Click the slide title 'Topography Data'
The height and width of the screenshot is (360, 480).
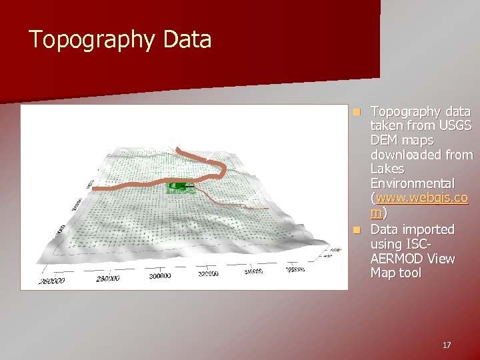pos(120,40)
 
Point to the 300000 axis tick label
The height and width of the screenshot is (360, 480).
pos(159,276)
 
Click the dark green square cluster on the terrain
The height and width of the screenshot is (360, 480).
pos(178,187)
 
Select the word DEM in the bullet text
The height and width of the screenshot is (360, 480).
pos(383,141)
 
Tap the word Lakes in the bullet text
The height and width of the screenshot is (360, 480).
pos(387,169)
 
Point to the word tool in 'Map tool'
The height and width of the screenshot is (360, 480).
pos(410,273)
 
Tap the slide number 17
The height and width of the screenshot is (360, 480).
pos(446,345)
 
